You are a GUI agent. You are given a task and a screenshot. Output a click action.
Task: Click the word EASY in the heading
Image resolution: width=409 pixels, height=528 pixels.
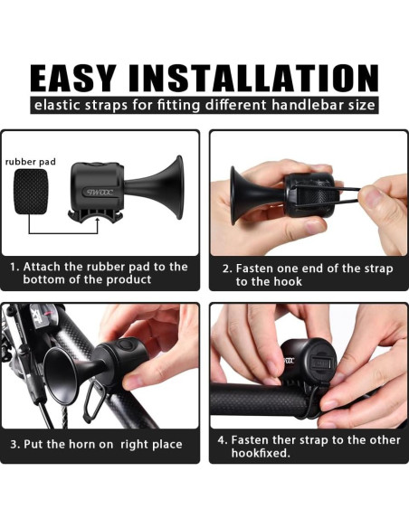(73, 78)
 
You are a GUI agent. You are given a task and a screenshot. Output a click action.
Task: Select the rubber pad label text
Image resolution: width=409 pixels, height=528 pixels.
(31, 162)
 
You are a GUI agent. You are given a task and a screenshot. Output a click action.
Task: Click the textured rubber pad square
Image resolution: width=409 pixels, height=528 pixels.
(31, 192)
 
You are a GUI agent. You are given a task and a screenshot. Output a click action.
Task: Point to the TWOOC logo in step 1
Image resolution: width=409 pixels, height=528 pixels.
(99, 193)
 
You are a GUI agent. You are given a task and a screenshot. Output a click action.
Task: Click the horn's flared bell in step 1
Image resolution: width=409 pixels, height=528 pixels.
(176, 187)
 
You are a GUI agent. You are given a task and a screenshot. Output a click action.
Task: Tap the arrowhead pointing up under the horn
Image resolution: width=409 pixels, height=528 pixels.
(98, 220)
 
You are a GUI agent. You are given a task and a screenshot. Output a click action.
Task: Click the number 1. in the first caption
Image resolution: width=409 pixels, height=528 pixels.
(14, 267)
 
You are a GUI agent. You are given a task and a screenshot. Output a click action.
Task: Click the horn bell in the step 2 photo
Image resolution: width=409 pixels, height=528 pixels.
(237, 196)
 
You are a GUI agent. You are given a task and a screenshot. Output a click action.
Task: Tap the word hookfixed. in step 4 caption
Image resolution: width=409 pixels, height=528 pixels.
(261, 453)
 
